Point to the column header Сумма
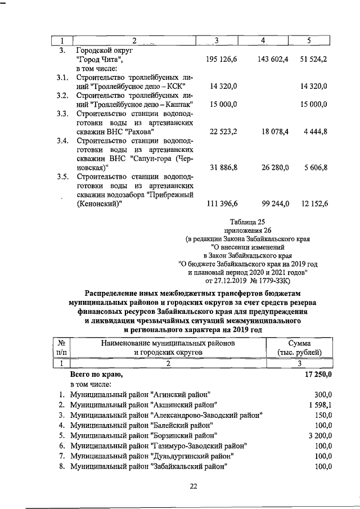click(x=303, y=343)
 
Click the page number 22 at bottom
click(x=193, y=487)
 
